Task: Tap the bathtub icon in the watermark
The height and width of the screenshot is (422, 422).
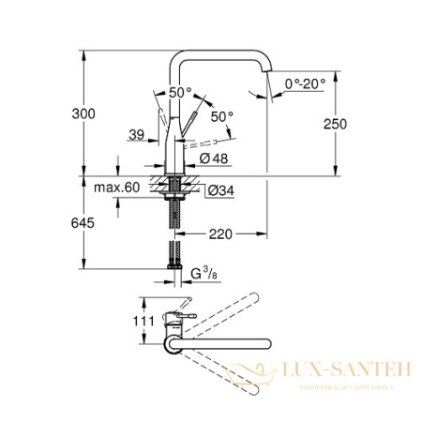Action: (284, 375)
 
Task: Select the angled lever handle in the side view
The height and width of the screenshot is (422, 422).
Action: (188, 126)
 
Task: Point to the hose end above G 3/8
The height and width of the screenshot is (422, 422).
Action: (173, 255)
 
